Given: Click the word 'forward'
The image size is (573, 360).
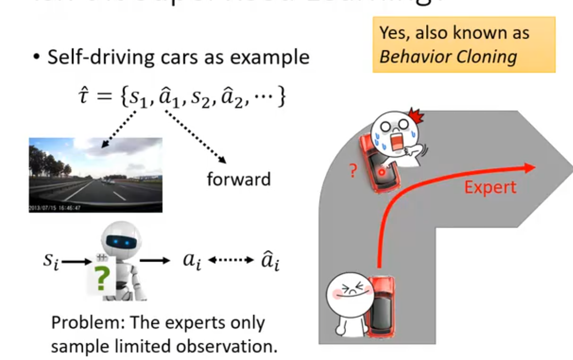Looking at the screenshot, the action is (238, 179).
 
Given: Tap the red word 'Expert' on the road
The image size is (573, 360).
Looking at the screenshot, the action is (490, 187).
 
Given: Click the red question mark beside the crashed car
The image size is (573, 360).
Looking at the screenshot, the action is (352, 171).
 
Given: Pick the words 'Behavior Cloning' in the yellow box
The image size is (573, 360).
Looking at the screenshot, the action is (448, 57).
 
